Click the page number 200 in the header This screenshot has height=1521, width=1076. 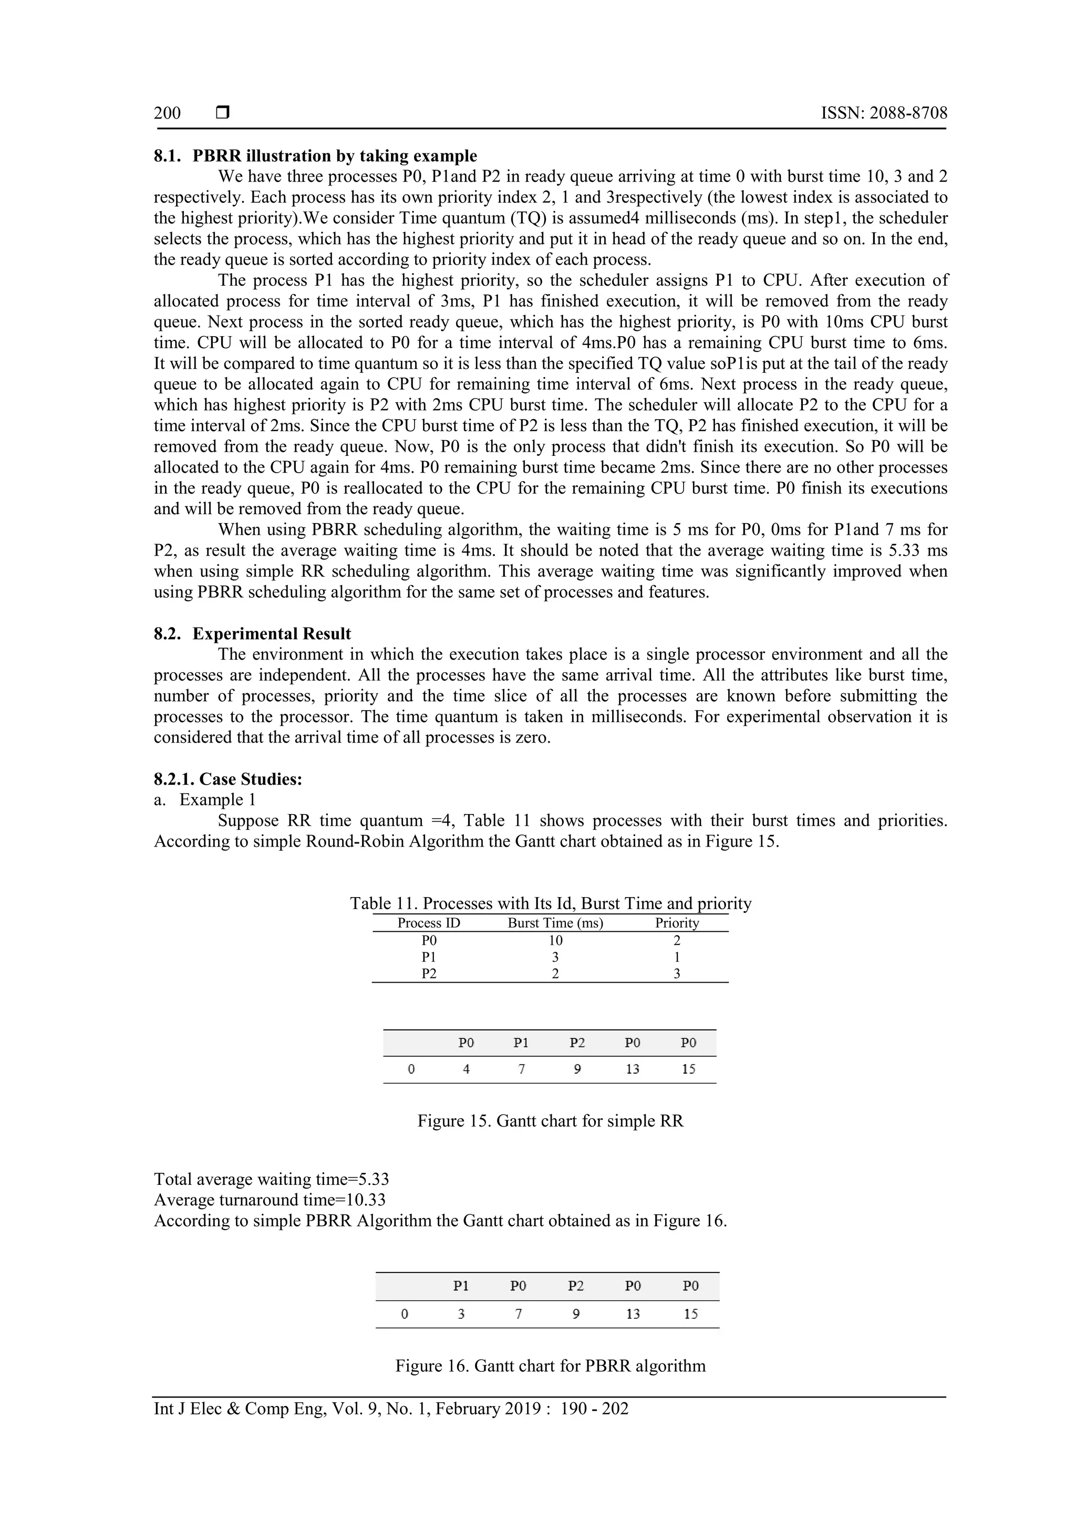(x=167, y=113)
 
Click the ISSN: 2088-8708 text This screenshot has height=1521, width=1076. (x=884, y=113)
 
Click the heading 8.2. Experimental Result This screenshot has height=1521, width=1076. (x=252, y=633)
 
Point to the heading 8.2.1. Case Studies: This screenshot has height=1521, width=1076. (x=228, y=779)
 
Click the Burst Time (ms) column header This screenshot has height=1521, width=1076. (x=555, y=923)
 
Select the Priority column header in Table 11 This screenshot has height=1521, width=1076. (x=677, y=923)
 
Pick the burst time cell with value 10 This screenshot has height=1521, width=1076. (x=555, y=940)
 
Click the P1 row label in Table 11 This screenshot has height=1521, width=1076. (x=429, y=956)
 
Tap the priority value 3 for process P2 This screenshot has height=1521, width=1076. (x=677, y=973)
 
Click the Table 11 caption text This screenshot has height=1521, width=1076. (x=551, y=903)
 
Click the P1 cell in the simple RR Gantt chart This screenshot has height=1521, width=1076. (x=521, y=1043)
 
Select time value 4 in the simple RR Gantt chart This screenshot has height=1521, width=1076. (x=467, y=1069)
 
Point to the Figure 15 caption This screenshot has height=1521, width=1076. (x=550, y=1121)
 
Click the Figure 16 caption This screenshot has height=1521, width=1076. (x=550, y=1366)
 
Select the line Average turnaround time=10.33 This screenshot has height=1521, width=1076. (x=270, y=1200)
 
